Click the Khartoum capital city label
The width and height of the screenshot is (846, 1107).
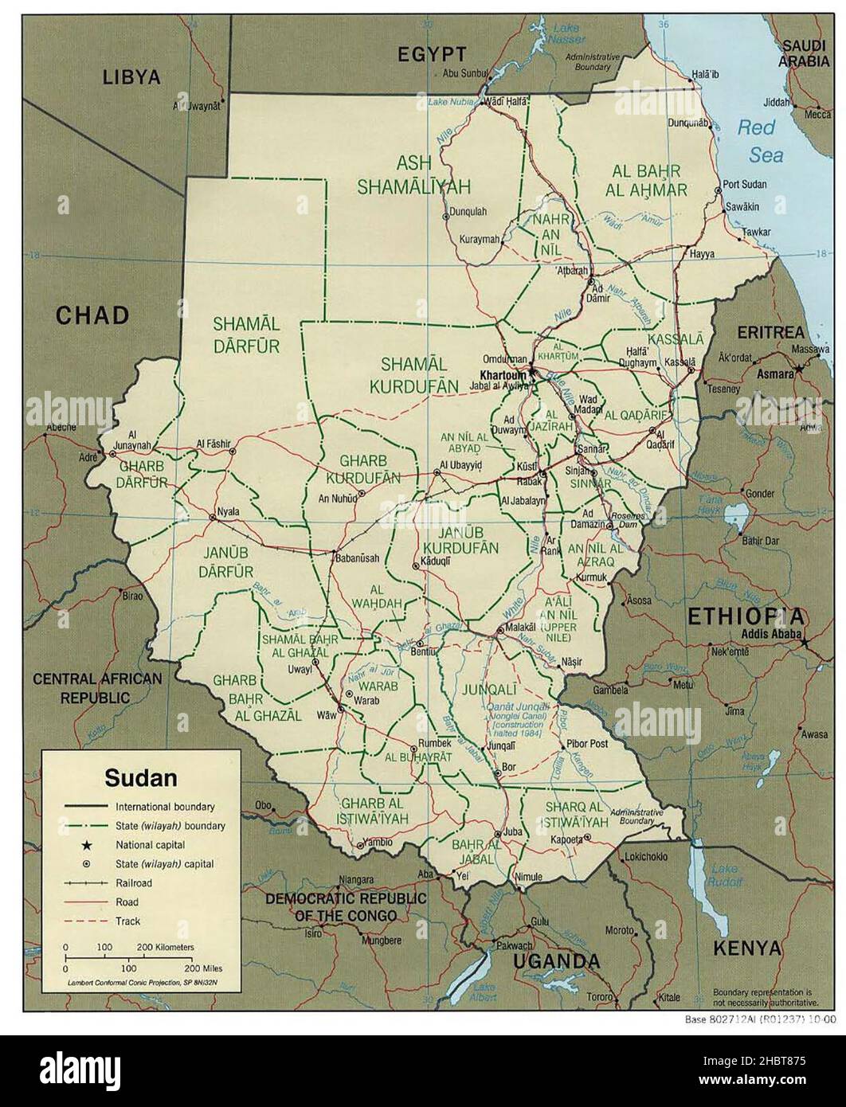tap(505, 374)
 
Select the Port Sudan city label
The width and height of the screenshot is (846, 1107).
tap(744, 185)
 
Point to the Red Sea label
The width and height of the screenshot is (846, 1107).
tap(760, 139)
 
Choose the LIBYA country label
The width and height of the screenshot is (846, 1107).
tap(131, 77)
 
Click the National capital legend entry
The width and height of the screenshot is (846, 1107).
tap(150, 844)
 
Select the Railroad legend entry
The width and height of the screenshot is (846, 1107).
tap(133, 882)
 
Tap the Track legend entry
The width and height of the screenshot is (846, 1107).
tap(127, 921)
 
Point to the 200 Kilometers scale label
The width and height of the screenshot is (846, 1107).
tap(166, 947)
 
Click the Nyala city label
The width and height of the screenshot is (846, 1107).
tap(229, 511)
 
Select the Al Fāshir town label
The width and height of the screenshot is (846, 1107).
tap(212, 444)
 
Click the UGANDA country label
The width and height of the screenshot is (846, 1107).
tap(556, 961)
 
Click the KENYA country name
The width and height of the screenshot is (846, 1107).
tap(745, 948)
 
